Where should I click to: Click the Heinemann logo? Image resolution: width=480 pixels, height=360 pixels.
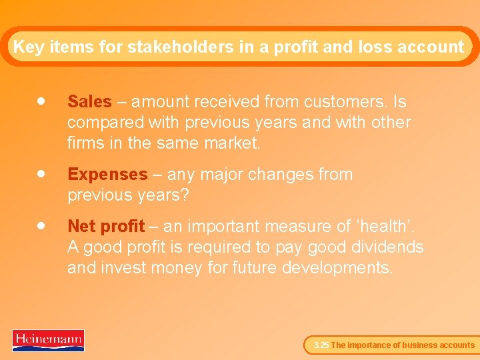[x=48, y=340]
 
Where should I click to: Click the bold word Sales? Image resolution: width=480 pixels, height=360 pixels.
[x=89, y=102]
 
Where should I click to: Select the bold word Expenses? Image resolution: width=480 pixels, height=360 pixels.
[x=107, y=175]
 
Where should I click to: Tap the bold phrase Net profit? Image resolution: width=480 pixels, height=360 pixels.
[x=106, y=227]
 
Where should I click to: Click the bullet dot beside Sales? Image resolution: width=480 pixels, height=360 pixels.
[x=41, y=101]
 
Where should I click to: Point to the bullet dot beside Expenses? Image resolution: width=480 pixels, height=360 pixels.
[x=41, y=174]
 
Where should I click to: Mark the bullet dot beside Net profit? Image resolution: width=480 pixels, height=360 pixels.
[x=41, y=226]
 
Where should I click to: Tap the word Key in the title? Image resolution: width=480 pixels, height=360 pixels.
[x=28, y=47]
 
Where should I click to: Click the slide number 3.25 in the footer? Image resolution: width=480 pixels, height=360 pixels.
[x=321, y=345]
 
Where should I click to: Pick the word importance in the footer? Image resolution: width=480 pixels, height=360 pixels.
[x=370, y=345]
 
